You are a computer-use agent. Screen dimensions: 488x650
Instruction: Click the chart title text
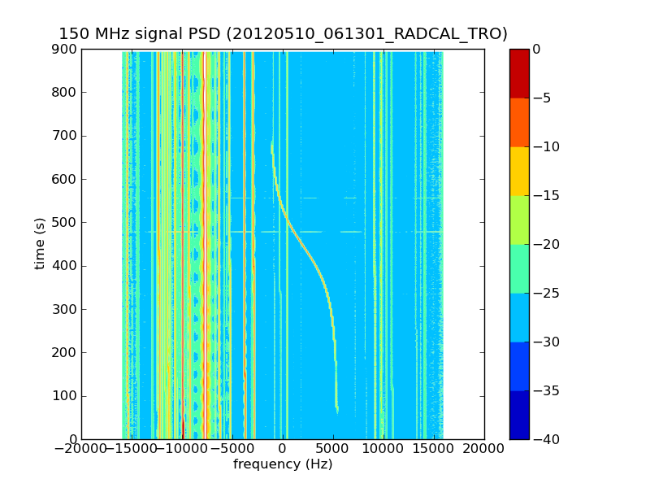pos(283,33)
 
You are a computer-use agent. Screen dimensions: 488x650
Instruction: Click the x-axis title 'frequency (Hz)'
pos(283,464)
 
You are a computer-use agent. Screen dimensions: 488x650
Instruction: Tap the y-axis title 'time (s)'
pos(40,243)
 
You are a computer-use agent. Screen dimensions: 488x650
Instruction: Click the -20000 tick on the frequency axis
pos(81,448)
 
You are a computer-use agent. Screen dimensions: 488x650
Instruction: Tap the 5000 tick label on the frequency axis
pos(333,448)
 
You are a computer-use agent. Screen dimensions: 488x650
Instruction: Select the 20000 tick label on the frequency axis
pos(484,448)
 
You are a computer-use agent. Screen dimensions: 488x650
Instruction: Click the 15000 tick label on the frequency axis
pos(434,448)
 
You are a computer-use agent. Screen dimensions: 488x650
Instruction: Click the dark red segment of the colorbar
pos(519,73)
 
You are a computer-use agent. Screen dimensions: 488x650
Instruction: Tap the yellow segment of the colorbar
pos(519,171)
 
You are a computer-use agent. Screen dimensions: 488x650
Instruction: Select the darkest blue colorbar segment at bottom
pos(519,415)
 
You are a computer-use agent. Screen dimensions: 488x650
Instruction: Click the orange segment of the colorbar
pos(519,122)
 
